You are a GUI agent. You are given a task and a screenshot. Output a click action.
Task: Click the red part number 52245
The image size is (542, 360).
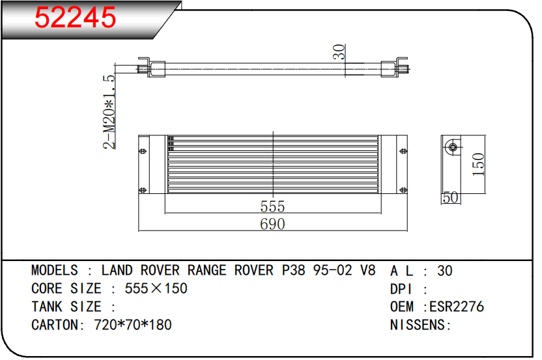[x=76, y=18]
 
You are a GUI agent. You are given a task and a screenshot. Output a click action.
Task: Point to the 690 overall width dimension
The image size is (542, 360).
[x=272, y=224]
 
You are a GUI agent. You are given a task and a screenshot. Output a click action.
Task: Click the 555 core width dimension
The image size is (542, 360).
[x=272, y=206]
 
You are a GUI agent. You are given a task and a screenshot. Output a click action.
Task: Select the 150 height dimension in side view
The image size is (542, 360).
[x=478, y=165]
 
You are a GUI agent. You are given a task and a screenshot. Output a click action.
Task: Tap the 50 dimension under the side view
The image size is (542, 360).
[x=451, y=198]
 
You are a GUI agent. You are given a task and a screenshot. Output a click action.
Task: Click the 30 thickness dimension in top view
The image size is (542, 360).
[x=339, y=52]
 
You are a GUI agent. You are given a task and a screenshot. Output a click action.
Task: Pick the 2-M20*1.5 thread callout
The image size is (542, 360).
[x=109, y=112]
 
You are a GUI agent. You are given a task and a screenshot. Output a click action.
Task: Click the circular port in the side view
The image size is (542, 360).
[x=453, y=148]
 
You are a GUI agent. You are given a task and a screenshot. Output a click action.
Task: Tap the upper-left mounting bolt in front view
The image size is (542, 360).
[x=143, y=151]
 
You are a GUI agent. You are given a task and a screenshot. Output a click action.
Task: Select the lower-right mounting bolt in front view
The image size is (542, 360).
[x=403, y=190]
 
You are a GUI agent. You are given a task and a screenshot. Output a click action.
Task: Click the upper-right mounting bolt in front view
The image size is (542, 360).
[x=403, y=151]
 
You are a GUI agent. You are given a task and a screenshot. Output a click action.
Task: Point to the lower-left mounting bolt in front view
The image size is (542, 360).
[x=143, y=190]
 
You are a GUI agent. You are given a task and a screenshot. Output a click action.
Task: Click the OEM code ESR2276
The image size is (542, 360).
[x=457, y=307]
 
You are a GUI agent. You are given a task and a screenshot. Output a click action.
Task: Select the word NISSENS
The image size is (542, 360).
[x=418, y=325]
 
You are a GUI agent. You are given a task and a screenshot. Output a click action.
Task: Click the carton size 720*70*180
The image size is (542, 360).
[x=133, y=325]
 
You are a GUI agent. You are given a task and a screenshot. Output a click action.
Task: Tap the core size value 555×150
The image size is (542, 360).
[x=156, y=288]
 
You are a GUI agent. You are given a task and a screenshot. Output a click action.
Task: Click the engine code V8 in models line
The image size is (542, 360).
[x=368, y=270]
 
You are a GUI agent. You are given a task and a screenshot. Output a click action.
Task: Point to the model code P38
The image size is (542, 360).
[x=293, y=270]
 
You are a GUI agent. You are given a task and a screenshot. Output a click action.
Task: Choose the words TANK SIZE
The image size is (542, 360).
[x=66, y=307]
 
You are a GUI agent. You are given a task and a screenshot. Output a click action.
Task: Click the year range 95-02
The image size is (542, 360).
[x=332, y=270]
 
